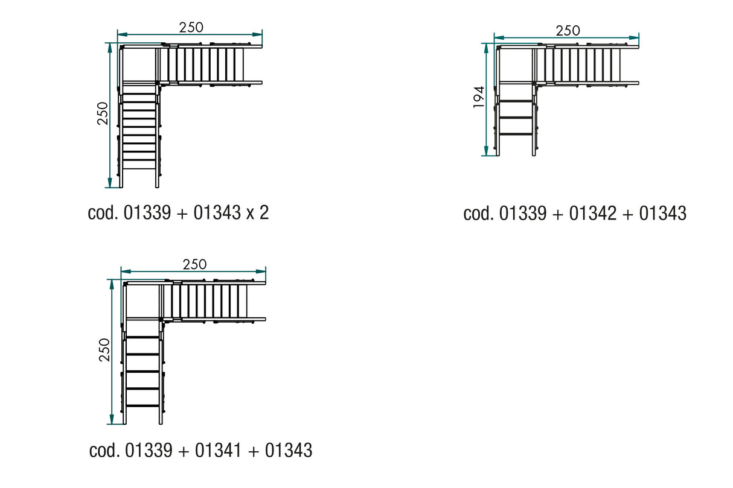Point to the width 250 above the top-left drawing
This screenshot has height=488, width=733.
point(191,27)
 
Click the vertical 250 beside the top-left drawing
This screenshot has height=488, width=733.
point(102,113)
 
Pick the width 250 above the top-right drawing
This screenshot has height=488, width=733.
point(568,30)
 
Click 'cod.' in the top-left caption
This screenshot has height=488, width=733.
point(102,213)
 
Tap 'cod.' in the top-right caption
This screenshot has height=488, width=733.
point(478,213)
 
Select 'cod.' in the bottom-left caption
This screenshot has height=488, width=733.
point(104,450)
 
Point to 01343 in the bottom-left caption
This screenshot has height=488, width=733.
point(289,450)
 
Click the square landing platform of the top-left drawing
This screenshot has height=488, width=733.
point(139,65)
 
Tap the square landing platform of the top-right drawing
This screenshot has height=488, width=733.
point(516,65)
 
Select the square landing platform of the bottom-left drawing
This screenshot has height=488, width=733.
point(143,300)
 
